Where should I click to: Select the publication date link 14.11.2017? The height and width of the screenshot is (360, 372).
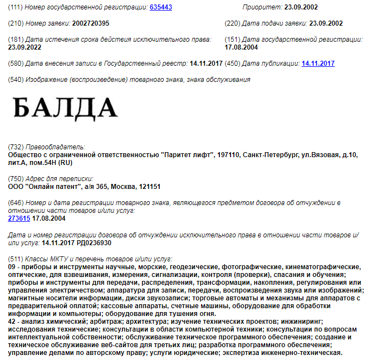point(317,64)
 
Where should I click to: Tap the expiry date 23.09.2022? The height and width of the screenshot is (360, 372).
point(26,48)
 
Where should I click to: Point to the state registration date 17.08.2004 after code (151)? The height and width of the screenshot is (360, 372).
point(242,48)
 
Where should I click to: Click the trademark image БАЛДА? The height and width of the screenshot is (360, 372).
point(66,107)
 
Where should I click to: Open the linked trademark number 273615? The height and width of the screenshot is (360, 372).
point(19,218)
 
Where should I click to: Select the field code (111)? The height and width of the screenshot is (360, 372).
point(16,7)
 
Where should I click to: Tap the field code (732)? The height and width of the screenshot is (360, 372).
point(16,147)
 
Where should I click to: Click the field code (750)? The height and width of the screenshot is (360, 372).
point(16,179)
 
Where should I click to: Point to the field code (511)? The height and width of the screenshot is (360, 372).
point(16,259)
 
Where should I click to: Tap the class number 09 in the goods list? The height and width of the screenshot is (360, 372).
point(12,267)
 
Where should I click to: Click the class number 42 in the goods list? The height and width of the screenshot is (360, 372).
point(12,322)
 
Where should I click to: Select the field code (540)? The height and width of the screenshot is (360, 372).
point(16,80)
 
